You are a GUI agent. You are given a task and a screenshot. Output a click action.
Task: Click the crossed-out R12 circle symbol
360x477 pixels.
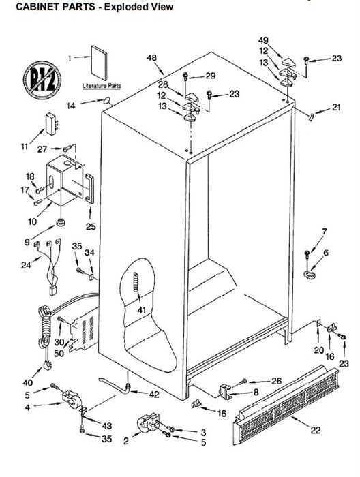(x=42, y=80)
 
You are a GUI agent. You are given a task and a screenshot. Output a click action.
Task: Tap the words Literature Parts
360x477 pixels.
(x=102, y=86)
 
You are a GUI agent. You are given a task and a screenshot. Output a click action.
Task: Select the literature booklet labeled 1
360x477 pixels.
(x=99, y=63)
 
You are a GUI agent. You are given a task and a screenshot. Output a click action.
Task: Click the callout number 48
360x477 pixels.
(x=151, y=58)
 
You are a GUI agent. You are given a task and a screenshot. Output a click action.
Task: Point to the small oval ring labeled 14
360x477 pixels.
(x=107, y=100)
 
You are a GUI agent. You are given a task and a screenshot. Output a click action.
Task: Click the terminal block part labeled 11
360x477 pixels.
(x=51, y=124)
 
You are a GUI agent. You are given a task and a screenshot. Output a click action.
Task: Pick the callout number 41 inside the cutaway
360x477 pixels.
(x=142, y=310)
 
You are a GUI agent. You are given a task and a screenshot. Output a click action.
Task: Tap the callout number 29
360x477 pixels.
(x=211, y=76)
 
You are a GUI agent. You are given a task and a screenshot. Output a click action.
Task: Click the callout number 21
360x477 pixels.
(x=336, y=107)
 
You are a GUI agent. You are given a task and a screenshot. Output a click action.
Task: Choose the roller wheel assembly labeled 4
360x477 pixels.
(x=71, y=399)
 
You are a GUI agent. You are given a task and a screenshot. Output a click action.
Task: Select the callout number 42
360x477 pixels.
(x=154, y=395)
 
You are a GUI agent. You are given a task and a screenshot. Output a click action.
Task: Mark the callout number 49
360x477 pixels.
(x=264, y=40)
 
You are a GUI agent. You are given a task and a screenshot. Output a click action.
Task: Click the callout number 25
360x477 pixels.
(x=91, y=226)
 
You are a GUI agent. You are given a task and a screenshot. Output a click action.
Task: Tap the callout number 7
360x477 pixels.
(x=325, y=232)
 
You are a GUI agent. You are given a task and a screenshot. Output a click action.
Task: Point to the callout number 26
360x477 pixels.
(x=276, y=380)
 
